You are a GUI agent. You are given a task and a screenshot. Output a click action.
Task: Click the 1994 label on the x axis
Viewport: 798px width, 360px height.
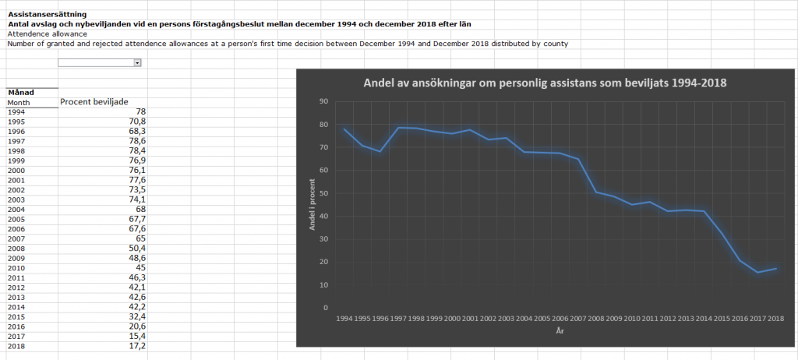pos(344,319)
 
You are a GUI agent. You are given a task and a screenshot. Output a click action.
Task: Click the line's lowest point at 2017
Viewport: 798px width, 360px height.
pos(756,273)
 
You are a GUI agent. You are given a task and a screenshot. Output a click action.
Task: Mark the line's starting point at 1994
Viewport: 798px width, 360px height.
pos(344,129)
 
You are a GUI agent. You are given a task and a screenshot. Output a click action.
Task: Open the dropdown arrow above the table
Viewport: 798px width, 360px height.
pos(137,62)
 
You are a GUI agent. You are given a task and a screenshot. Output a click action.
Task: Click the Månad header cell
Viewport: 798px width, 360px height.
pos(20,93)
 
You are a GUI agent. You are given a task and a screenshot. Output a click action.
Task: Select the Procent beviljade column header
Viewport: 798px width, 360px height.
pos(94,102)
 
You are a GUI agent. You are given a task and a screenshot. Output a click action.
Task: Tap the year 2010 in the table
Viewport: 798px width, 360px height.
pos(16,267)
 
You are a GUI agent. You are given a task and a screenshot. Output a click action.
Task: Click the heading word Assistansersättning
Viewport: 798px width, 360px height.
pos(48,14)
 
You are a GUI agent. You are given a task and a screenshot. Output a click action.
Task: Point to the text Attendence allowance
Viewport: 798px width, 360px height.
pos(47,34)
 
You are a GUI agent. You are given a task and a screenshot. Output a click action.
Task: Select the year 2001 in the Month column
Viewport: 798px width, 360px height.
pos(16,180)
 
